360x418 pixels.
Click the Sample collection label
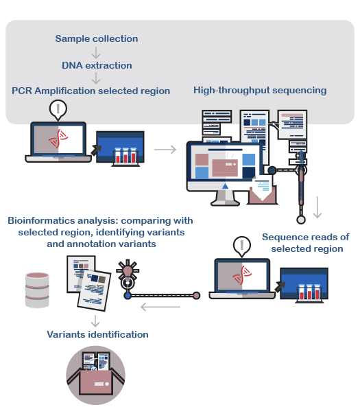tap(97, 39)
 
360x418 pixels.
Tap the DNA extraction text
tap(97, 66)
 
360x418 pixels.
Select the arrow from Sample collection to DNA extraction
tap(96, 53)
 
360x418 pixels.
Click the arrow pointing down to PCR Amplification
tap(96, 78)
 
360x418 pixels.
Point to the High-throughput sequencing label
tap(260, 91)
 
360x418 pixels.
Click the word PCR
tap(22, 91)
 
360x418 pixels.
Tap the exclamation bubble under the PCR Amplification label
tap(58, 110)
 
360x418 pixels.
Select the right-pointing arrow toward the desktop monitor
tap(165, 150)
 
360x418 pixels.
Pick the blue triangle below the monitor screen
tap(226, 186)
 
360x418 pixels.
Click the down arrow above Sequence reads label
tap(317, 207)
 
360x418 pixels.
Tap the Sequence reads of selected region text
tap(306, 243)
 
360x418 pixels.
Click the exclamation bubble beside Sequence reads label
tap(242, 246)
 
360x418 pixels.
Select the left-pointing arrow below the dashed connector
tap(160, 307)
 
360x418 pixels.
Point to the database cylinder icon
tap(37, 290)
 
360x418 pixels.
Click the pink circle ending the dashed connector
tap(196, 295)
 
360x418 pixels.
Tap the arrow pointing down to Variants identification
tap(95, 321)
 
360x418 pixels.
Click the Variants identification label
tap(98, 334)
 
